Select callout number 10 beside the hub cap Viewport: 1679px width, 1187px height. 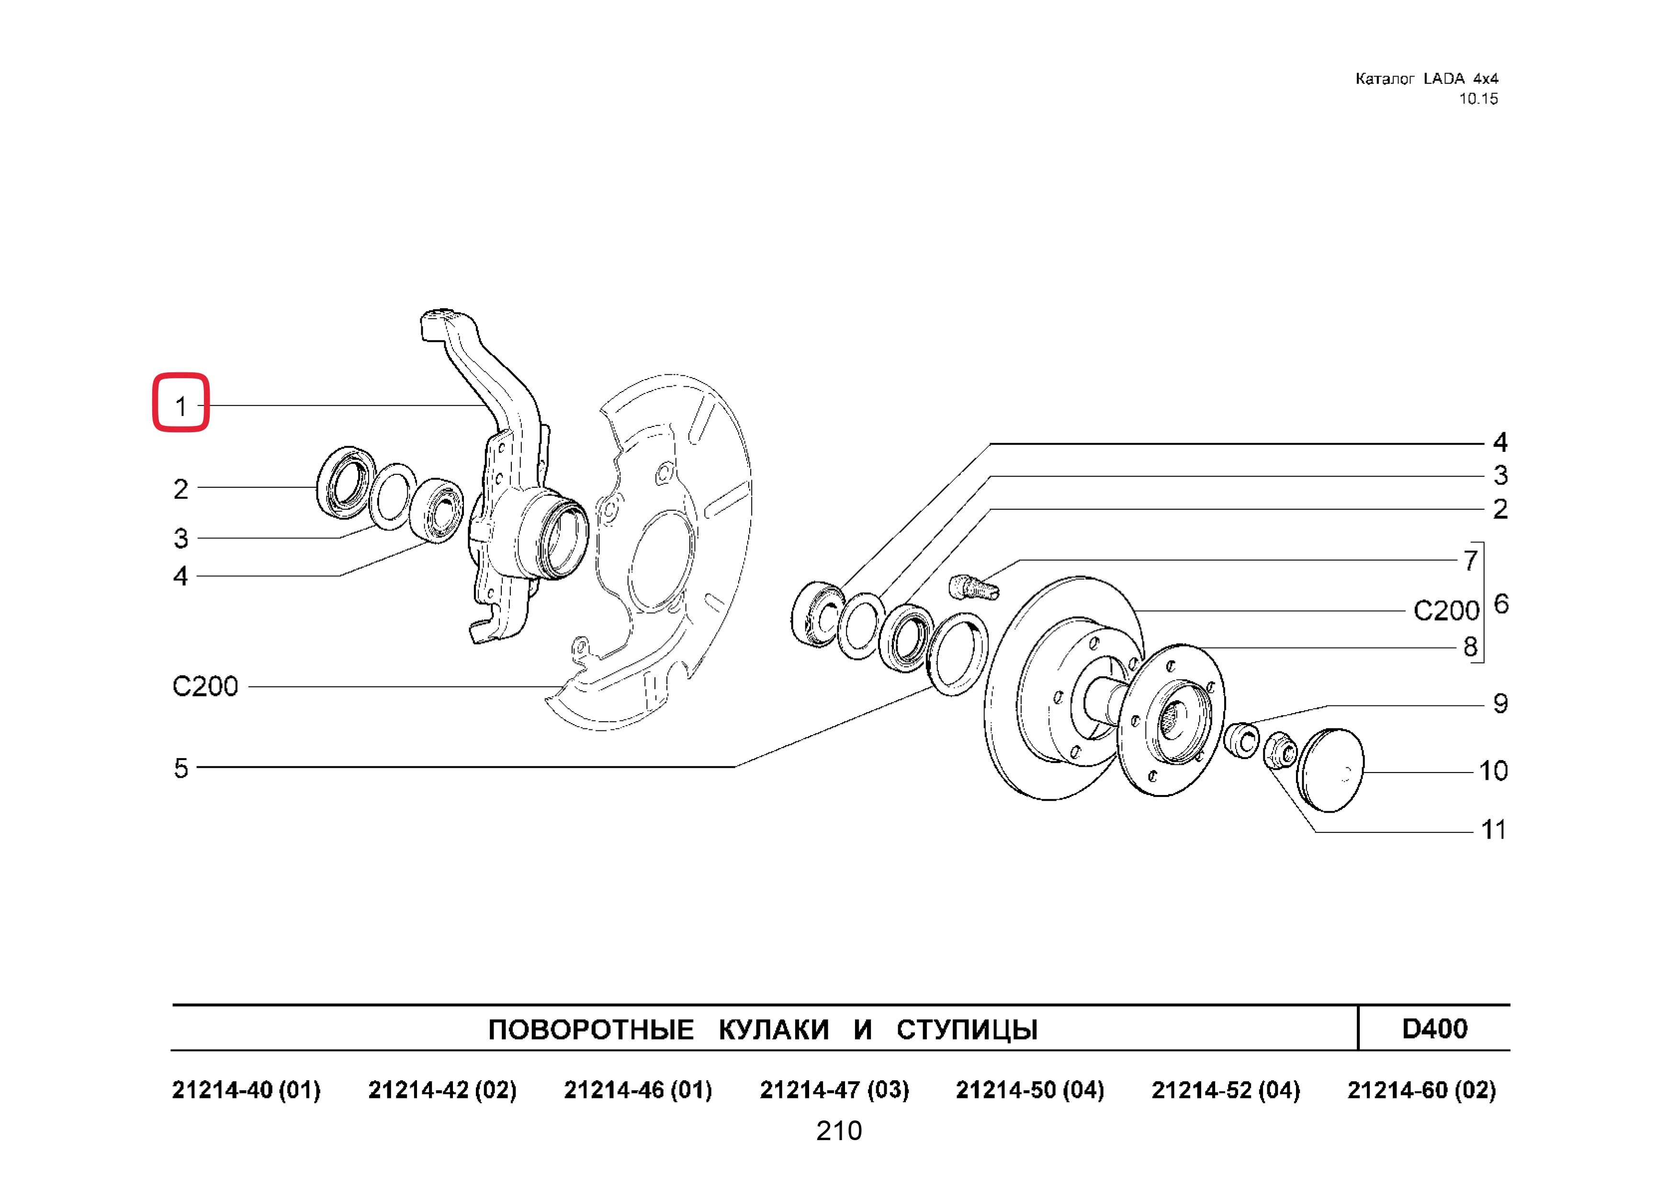[1493, 771]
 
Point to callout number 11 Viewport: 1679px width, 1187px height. [1493, 829]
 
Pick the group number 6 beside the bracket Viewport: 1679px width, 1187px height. [1500, 604]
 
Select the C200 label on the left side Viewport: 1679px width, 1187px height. [205, 686]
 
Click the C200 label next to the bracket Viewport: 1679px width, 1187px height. [1446, 610]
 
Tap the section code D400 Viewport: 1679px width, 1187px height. [1434, 1029]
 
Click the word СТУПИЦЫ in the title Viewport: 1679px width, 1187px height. [967, 1030]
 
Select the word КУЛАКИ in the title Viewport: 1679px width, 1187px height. [774, 1030]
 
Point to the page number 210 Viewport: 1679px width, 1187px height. [839, 1131]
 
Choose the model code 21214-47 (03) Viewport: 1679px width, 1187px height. [834, 1090]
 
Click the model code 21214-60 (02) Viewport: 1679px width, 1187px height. [1421, 1090]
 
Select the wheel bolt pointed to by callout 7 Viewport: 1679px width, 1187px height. [972, 587]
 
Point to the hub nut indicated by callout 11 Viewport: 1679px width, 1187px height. [1280, 750]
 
